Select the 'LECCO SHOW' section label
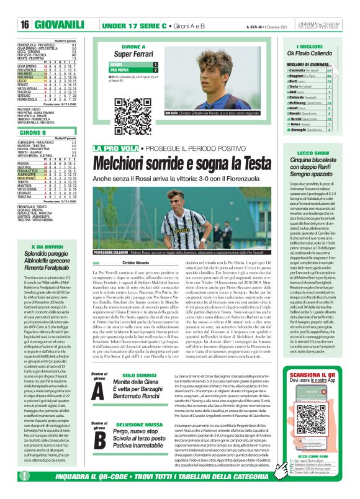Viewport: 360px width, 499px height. (308, 152)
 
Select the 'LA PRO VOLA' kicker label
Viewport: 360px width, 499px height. (114, 148)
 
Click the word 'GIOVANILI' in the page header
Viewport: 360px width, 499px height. (60, 25)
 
